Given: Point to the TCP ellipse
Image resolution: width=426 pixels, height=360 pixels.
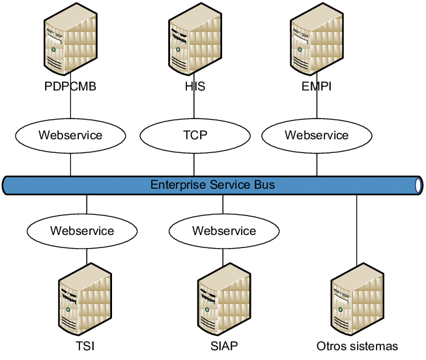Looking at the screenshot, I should [194, 136].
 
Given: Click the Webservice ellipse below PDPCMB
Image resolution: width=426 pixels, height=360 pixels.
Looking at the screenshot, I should [70, 136].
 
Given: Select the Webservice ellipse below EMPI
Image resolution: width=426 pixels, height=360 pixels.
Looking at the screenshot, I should [317, 136].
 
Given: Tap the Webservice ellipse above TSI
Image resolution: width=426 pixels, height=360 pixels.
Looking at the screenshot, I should [82, 231].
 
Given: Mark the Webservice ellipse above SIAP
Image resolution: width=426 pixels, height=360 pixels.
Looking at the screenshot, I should [224, 231].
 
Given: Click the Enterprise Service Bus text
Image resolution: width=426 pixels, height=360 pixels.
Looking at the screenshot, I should [212, 185].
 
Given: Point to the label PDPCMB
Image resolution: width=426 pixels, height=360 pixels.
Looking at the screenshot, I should [70, 86].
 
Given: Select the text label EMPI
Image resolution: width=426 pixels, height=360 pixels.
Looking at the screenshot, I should [317, 86].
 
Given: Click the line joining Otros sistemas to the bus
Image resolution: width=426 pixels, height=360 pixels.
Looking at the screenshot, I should [357, 228].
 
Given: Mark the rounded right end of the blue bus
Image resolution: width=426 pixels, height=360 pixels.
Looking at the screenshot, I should [418, 186].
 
